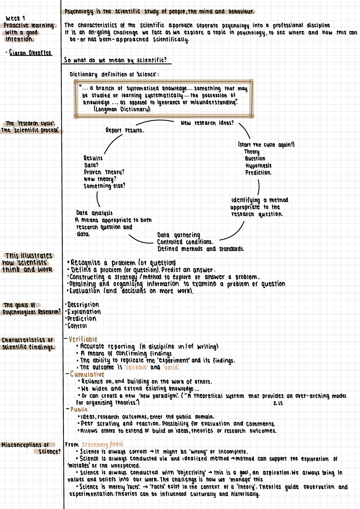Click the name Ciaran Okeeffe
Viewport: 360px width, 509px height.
(31, 53)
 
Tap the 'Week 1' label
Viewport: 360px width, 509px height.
(15, 18)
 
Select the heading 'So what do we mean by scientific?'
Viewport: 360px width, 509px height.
(115, 60)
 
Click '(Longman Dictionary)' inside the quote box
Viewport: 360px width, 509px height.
(122, 109)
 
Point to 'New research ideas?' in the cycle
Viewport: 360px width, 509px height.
(207, 123)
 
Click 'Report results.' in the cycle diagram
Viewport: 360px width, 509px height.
(124, 130)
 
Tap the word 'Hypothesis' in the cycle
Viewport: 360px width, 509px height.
(258, 166)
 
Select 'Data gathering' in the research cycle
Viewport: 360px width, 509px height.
(179, 235)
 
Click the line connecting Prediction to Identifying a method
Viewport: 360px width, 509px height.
(258, 188)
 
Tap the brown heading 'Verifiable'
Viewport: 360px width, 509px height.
(83, 339)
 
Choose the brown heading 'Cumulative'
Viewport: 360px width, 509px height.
(87, 374)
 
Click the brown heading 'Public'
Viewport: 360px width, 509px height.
(79, 409)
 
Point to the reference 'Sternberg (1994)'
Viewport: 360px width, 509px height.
(102, 445)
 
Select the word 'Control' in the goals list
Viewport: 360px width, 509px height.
(77, 326)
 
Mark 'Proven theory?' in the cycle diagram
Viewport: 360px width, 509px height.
(104, 172)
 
